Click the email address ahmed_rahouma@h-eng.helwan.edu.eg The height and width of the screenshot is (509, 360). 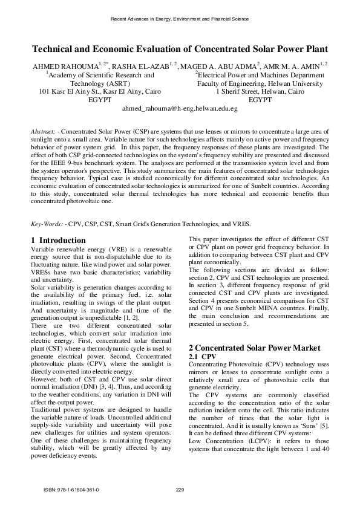[180, 109]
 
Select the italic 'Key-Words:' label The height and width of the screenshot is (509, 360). [47, 223]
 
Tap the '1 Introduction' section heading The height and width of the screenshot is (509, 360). [58, 241]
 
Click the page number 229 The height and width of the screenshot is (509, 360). [180, 488]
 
